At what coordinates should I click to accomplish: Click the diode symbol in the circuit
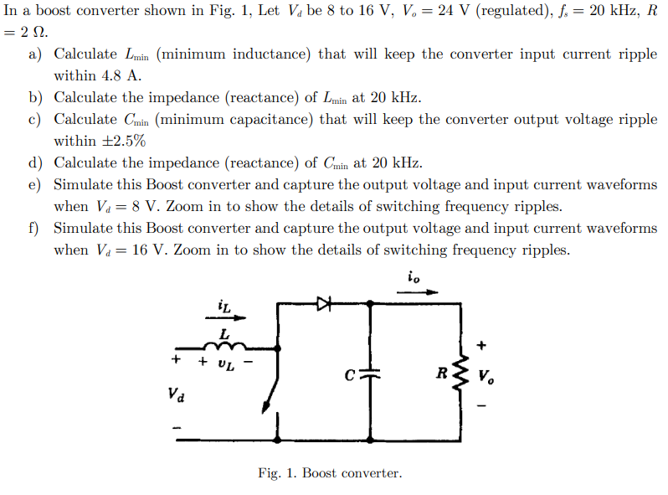point(324,305)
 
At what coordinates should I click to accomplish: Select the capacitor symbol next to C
point(371,373)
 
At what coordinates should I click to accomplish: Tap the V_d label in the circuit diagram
point(177,393)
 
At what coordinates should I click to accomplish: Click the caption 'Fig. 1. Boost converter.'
point(330,473)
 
